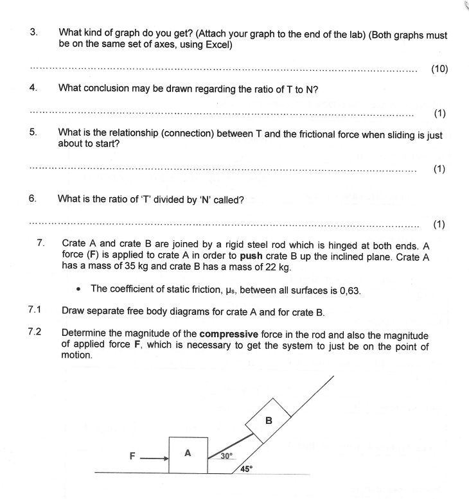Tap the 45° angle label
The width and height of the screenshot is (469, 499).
point(247,468)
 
